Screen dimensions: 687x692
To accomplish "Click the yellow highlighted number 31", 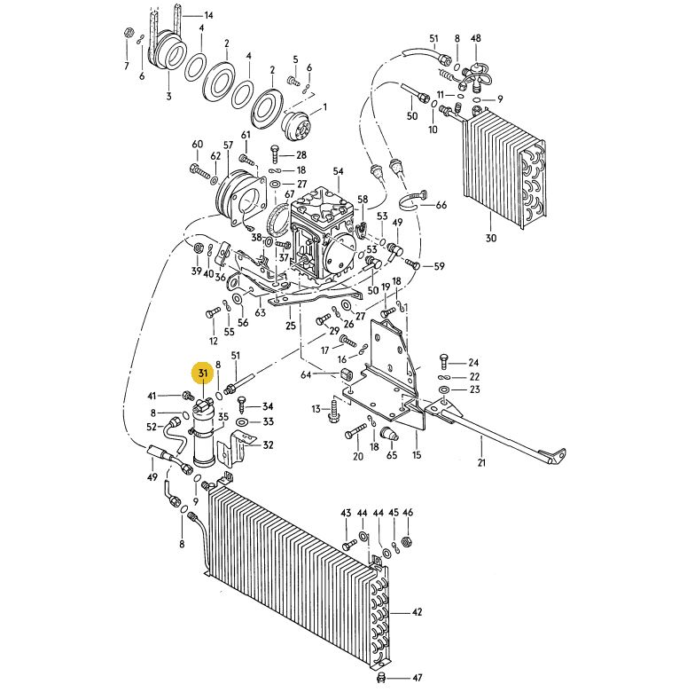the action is (x=202, y=374).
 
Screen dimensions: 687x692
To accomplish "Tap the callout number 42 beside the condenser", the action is (x=417, y=612).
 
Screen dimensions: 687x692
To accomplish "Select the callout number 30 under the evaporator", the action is (x=491, y=239).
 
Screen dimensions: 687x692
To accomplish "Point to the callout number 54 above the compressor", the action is (x=339, y=171).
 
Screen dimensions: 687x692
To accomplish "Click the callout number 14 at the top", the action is (x=208, y=15).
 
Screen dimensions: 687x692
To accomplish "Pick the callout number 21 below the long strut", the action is (x=481, y=462).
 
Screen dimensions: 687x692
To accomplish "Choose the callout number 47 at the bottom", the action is (x=418, y=679).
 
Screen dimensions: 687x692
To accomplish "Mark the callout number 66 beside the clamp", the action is (x=441, y=205).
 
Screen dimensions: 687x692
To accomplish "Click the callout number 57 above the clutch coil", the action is (x=228, y=145).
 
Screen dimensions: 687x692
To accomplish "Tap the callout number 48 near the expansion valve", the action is (x=475, y=38).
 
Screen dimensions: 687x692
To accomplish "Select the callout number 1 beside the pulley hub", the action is (x=325, y=107).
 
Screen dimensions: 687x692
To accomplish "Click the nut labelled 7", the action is (x=129, y=32).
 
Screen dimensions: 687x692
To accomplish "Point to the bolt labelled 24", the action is (x=444, y=361).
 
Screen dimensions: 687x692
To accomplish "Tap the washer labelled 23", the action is (x=444, y=389).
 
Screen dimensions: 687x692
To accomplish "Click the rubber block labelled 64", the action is (x=344, y=374).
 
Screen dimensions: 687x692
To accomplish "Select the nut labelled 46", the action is (x=407, y=541).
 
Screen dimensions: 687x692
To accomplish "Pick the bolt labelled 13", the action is (x=334, y=409).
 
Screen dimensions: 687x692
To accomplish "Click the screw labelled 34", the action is (x=243, y=403).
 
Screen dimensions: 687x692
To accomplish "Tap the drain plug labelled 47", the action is (x=382, y=677).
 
